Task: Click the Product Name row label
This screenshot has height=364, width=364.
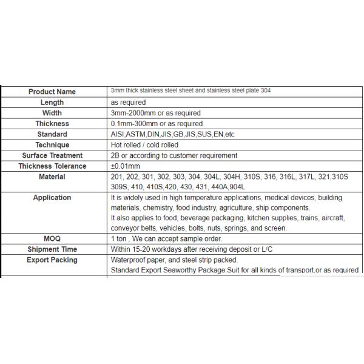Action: (52, 92)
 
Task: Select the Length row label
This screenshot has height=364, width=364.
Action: (52, 103)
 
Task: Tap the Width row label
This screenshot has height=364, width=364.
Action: (52, 113)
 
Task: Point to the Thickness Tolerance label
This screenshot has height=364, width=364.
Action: (52, 166)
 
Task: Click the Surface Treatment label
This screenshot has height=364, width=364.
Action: (52, 155)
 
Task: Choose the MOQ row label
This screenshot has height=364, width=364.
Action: (52, 239)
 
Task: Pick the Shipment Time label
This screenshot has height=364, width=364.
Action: (52, 249)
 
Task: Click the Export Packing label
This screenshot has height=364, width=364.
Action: (52, 260)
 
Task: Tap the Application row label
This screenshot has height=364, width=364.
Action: (52, 197)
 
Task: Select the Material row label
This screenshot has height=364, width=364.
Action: (52, 177)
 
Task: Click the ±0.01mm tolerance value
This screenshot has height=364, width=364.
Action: (126, 166)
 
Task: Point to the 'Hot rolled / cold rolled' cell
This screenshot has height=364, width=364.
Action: (145, 145)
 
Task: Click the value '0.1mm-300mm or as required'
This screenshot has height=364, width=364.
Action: (157, 124)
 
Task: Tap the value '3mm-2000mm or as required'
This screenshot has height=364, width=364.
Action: (156, 113)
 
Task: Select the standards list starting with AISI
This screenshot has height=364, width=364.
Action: (173, 134)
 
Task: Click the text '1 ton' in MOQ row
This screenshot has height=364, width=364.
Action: (118, 239)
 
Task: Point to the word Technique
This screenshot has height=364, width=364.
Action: (52, 145)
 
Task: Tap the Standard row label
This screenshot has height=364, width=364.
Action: (52, 134)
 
